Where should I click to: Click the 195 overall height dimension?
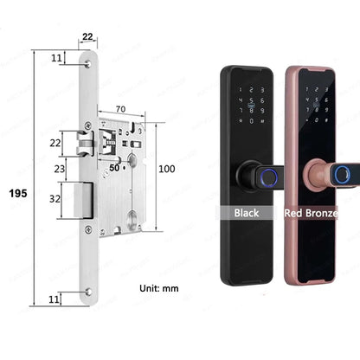coord(18,193)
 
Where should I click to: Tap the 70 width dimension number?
coord(120,109)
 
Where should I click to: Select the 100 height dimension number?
coord(167,169)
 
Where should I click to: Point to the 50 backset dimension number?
coord(114,168)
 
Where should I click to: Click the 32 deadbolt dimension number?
coord(55,199)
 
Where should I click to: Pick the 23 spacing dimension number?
coord(60,169)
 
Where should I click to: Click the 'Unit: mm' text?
coord(159,288)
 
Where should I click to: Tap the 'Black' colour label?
coord(247,213)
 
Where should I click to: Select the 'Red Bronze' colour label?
coord(311,213)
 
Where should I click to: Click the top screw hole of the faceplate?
coord(87,64)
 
